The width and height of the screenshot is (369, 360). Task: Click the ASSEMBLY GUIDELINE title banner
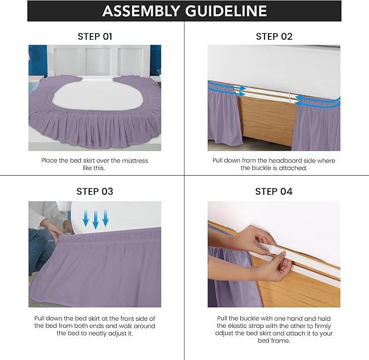pos(184,11)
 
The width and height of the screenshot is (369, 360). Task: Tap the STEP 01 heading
pos(95,36)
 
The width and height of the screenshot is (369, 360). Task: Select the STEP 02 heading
pos(274,36)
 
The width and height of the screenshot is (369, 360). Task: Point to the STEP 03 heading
pos(95,191)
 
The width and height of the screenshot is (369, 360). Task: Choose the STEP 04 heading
pos(274,191)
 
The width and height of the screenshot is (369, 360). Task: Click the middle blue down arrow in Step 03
pos(96,219)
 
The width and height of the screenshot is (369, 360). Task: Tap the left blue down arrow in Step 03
pos(86,219)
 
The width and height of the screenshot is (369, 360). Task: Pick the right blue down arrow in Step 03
pos(105,219)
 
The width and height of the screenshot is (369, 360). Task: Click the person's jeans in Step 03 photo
pos(38,250)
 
